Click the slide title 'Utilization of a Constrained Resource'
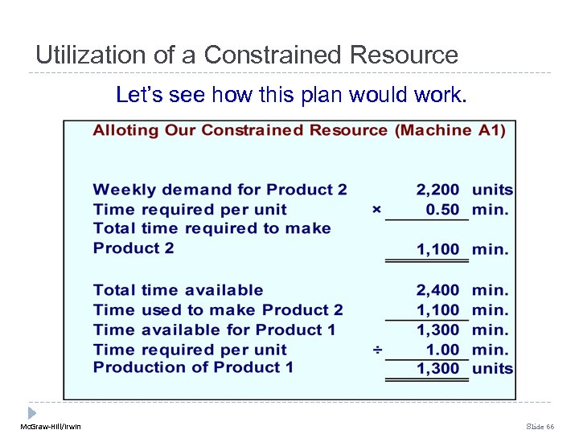pos(247,55)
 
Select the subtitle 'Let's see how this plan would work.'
pos(290,95)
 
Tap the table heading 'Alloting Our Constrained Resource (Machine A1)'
pos(299,130)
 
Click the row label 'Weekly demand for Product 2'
pos(220,190)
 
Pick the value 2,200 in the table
pos(437,190)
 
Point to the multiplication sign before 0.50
pos(376,210)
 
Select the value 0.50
pos(442,210)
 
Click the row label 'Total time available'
pos(178,290)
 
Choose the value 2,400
pos(437,290)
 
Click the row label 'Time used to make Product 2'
pos(218,309)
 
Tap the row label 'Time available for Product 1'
pos(214,330)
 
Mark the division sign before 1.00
pos(376,350)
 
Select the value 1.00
pos(443,350)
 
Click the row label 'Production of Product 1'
pos(193,367)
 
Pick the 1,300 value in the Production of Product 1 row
pos(437,369)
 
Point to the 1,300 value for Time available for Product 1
pos(437,330)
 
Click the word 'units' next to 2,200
pos(492,190)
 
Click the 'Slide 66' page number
pos(540,426)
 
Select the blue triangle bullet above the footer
pos(32,412)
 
